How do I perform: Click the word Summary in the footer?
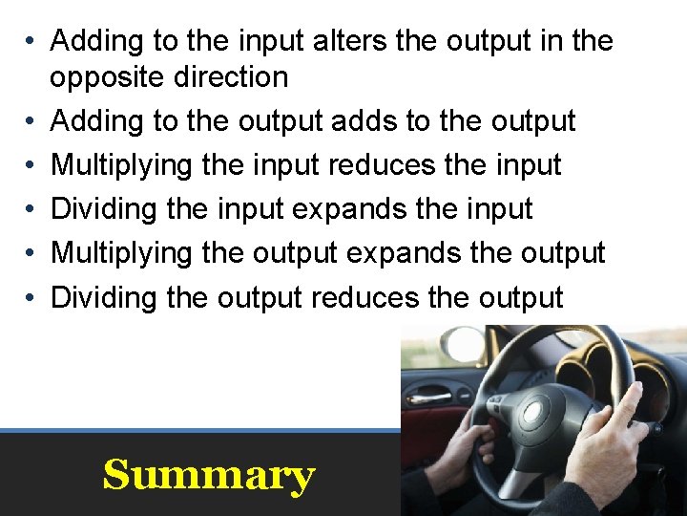(208, 475)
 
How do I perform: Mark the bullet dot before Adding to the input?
(31, 42)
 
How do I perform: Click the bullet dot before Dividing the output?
(31, 298)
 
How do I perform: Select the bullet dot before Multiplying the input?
(31, 166)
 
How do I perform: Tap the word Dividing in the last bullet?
(104, 297)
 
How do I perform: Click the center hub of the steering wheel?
(535, 412)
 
